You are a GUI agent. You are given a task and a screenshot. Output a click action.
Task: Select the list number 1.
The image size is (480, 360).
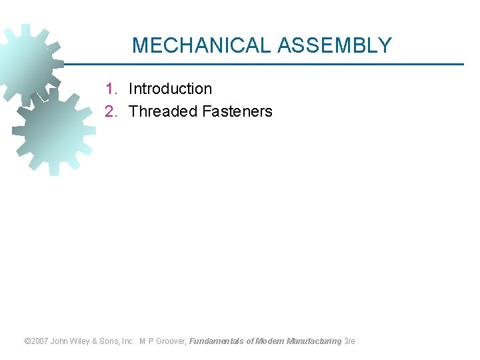(111, 89)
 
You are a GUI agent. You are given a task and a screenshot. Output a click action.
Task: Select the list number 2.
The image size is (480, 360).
(111, 111)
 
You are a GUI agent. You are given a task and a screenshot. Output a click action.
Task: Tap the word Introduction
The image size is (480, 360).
(170, 89)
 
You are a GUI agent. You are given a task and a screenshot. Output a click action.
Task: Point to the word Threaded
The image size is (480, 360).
(161, 111)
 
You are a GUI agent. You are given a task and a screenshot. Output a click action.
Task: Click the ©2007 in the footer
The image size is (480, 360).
(37, 341)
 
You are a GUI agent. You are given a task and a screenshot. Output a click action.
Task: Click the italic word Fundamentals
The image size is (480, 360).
(216, 341)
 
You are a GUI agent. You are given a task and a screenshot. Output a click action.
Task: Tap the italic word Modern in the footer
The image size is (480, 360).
(269, 341)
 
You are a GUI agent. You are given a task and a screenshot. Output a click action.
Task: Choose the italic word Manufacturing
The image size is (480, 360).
(313, 341)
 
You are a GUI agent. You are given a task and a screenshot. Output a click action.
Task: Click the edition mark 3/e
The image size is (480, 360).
(349, 341)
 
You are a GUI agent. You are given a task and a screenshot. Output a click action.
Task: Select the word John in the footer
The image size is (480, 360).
(60, 341)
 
